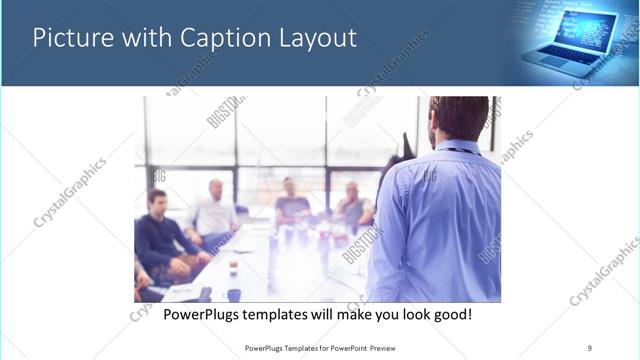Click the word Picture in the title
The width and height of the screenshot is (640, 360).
(70, 39)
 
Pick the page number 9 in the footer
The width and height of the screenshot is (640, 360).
(590, 347)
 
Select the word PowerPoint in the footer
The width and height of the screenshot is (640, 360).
(343, 347)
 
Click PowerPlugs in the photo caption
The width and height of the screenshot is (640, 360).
(204, 315)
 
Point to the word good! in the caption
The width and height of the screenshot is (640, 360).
(452, 315)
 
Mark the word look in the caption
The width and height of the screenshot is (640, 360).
(410, 315)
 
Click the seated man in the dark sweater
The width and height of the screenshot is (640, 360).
(160, 235)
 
